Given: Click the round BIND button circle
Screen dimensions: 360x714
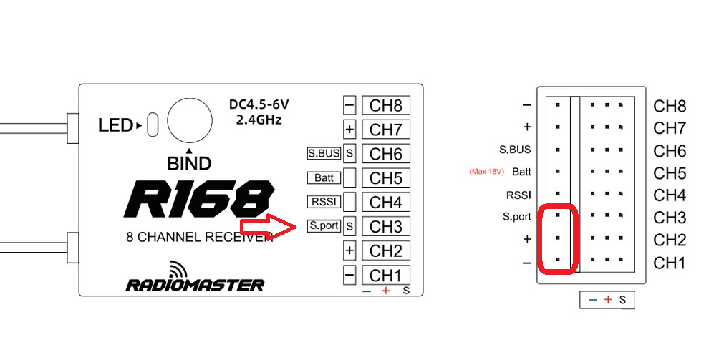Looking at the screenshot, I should [190, 120].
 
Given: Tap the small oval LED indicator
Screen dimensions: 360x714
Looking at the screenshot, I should [152, 124].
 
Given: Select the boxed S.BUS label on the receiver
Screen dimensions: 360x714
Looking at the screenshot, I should [324, 152].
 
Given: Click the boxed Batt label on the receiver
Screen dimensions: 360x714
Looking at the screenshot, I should [324, 177].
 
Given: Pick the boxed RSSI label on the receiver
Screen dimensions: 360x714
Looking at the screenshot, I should [324, 202].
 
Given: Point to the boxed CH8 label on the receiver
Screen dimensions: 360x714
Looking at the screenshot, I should [385, 106].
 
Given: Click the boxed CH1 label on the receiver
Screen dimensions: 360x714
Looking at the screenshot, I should [385, 275].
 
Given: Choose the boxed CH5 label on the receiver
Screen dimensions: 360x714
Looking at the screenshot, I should [385, 177].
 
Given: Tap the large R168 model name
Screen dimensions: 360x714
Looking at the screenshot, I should [198, 199].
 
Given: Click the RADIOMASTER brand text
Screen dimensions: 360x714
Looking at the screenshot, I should [196, 284].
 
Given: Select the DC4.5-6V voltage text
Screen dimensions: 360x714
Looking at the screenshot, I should [259, 104].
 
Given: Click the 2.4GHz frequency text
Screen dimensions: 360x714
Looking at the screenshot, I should [259, 120].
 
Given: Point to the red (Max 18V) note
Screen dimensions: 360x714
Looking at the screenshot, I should [487, 172].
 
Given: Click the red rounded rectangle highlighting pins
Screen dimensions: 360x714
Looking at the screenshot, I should [558, 239].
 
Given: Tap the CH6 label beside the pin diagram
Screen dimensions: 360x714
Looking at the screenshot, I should [670, 151].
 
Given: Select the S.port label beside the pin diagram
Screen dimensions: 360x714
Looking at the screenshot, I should [517, 217].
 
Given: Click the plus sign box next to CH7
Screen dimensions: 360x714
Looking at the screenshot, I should [349, 130].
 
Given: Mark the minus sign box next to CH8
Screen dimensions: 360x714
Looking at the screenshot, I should [349, 106].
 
